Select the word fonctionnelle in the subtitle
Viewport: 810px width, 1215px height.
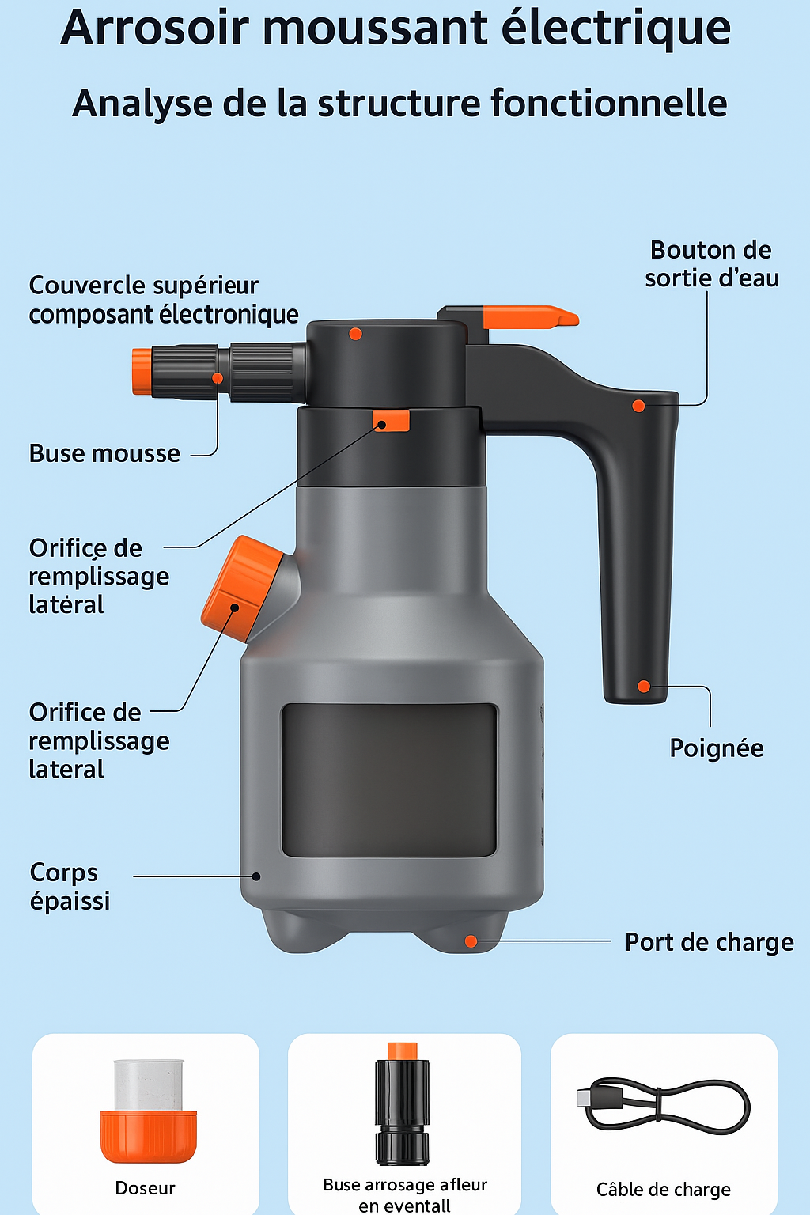click(609, 103)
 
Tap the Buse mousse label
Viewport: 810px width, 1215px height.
click(104, 453)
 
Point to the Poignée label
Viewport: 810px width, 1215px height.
click(716, 748)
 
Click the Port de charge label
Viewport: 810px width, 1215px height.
click(709, 942)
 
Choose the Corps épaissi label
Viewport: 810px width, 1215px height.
click(70, 886)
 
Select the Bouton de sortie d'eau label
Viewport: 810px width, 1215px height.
click(712, 264)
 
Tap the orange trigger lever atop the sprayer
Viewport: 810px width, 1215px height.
click(530, 316)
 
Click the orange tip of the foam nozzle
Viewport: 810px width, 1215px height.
click(142, 372)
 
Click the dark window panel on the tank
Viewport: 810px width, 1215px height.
click(389, 780)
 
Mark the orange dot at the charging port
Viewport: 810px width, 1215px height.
click(471, 941)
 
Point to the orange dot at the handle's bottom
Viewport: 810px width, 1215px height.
click(644, 686)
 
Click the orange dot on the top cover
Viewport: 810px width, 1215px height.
click(355, 334)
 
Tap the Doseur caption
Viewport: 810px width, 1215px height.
click(145, 1188)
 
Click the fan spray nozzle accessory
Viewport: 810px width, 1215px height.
click(403, 1103)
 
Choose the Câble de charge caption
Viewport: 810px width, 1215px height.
click(663, 1190)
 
